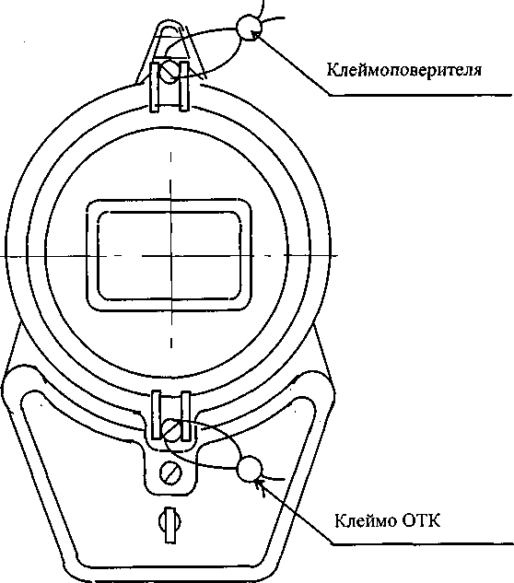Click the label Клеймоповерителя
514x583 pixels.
tap(404, 69)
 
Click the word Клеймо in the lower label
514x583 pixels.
tap(366, 520)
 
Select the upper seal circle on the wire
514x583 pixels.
tap(249, 27)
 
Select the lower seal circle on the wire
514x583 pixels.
tap(250, 469)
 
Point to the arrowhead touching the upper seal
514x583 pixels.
tap(255, 35)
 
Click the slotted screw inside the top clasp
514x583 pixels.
tap(169, 72)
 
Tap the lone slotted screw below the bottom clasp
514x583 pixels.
tap(170, 473)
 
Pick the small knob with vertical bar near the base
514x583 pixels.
tap(170, 524)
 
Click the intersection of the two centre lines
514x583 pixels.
tap(171, 255)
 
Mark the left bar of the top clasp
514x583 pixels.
tap(155, 87)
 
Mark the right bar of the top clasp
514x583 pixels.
tap(184, 86)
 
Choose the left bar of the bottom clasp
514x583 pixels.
tap(157, 414)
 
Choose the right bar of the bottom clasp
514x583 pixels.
tap(186, 415)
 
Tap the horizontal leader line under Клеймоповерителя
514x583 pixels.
tap(420, 96)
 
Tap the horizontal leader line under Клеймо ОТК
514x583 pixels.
tap(422, 544)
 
